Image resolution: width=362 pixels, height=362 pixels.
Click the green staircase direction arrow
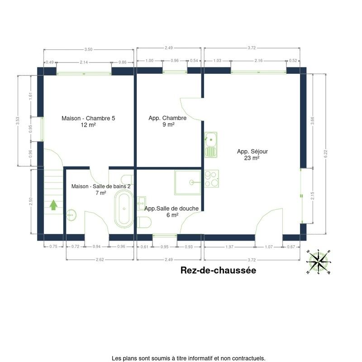(53, 205)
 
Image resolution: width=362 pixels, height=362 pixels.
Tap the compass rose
(319, 262)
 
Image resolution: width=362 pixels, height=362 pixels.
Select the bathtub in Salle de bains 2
(124, 209)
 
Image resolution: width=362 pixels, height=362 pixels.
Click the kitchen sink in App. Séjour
(211, 145)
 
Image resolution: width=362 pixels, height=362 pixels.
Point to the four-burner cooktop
(211, 179)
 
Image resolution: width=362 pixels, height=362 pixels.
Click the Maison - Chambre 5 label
(88, 118)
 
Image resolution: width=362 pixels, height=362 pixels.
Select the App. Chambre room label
(167, 118)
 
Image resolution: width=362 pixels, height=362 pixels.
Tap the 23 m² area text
(252, 158)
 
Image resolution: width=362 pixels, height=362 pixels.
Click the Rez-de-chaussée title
(218, 270)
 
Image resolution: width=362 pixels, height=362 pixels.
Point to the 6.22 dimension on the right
(326, 154)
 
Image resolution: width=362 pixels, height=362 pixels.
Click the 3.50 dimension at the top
(88, 49)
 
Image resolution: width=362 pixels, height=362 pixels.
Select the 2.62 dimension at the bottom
(100, 259)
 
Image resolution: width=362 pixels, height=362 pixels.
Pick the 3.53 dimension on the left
(18, 121)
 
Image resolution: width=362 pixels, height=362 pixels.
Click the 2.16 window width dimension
(258, 61)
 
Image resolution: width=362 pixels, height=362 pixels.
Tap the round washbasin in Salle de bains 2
(71, 215)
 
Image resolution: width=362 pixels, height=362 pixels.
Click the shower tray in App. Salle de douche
(188, 182)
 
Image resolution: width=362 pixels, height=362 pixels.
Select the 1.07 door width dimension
(269, 247)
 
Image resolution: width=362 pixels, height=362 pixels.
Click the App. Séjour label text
(252, 152)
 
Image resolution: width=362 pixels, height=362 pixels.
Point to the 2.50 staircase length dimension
(31, 201)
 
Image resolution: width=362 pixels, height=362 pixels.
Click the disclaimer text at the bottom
(188, 358)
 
